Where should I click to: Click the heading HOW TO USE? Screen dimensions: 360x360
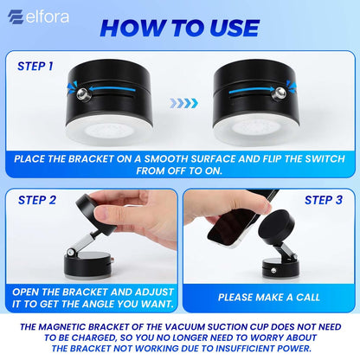(178, 27)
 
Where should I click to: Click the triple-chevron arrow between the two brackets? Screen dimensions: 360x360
(183, 102)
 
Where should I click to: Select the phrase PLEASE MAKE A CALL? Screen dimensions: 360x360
(269, 296)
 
